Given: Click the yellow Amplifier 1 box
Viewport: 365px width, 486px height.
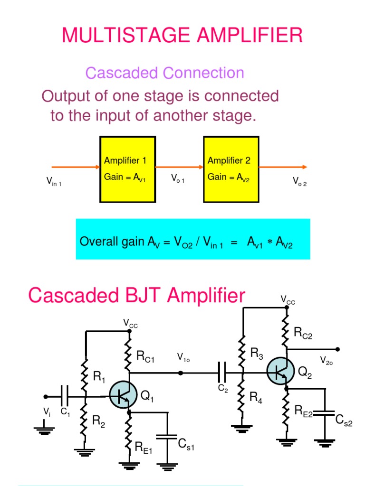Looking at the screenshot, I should click(127, 169).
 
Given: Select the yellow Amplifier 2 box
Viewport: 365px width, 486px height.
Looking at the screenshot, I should click(231, 169).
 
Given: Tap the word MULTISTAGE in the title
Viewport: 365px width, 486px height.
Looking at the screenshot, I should click(127, 35).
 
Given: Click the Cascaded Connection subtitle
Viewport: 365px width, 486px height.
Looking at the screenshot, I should click(164, 73).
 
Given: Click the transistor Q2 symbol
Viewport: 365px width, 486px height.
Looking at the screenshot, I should click(279, 372).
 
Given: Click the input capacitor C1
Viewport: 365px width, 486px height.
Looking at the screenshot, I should click(65, 396).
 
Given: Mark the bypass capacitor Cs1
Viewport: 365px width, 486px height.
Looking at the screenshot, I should click(167, 439).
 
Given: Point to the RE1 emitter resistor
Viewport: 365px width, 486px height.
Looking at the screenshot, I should click(128, 437).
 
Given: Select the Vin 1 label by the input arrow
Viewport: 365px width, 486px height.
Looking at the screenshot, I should click(54, 181).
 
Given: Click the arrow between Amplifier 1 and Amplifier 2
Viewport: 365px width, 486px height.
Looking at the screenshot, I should click(179, 167).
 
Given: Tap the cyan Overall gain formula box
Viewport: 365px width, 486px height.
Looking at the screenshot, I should click(193, 239).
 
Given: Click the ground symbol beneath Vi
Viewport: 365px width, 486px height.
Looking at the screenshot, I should click(45, 430).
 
